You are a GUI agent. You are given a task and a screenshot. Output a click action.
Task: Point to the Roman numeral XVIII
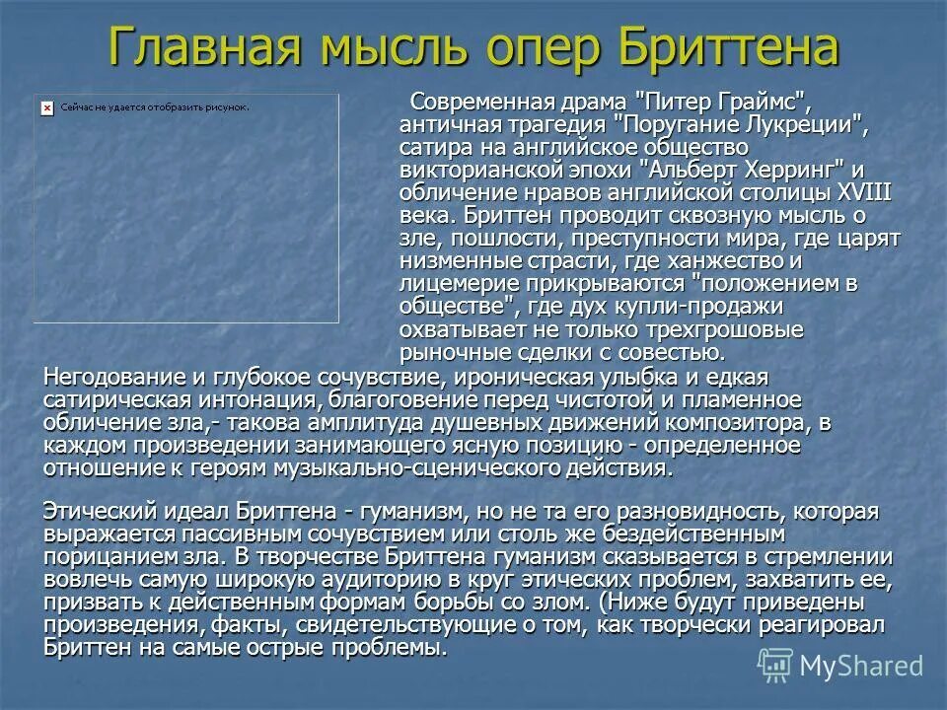(x=864, y=191)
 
